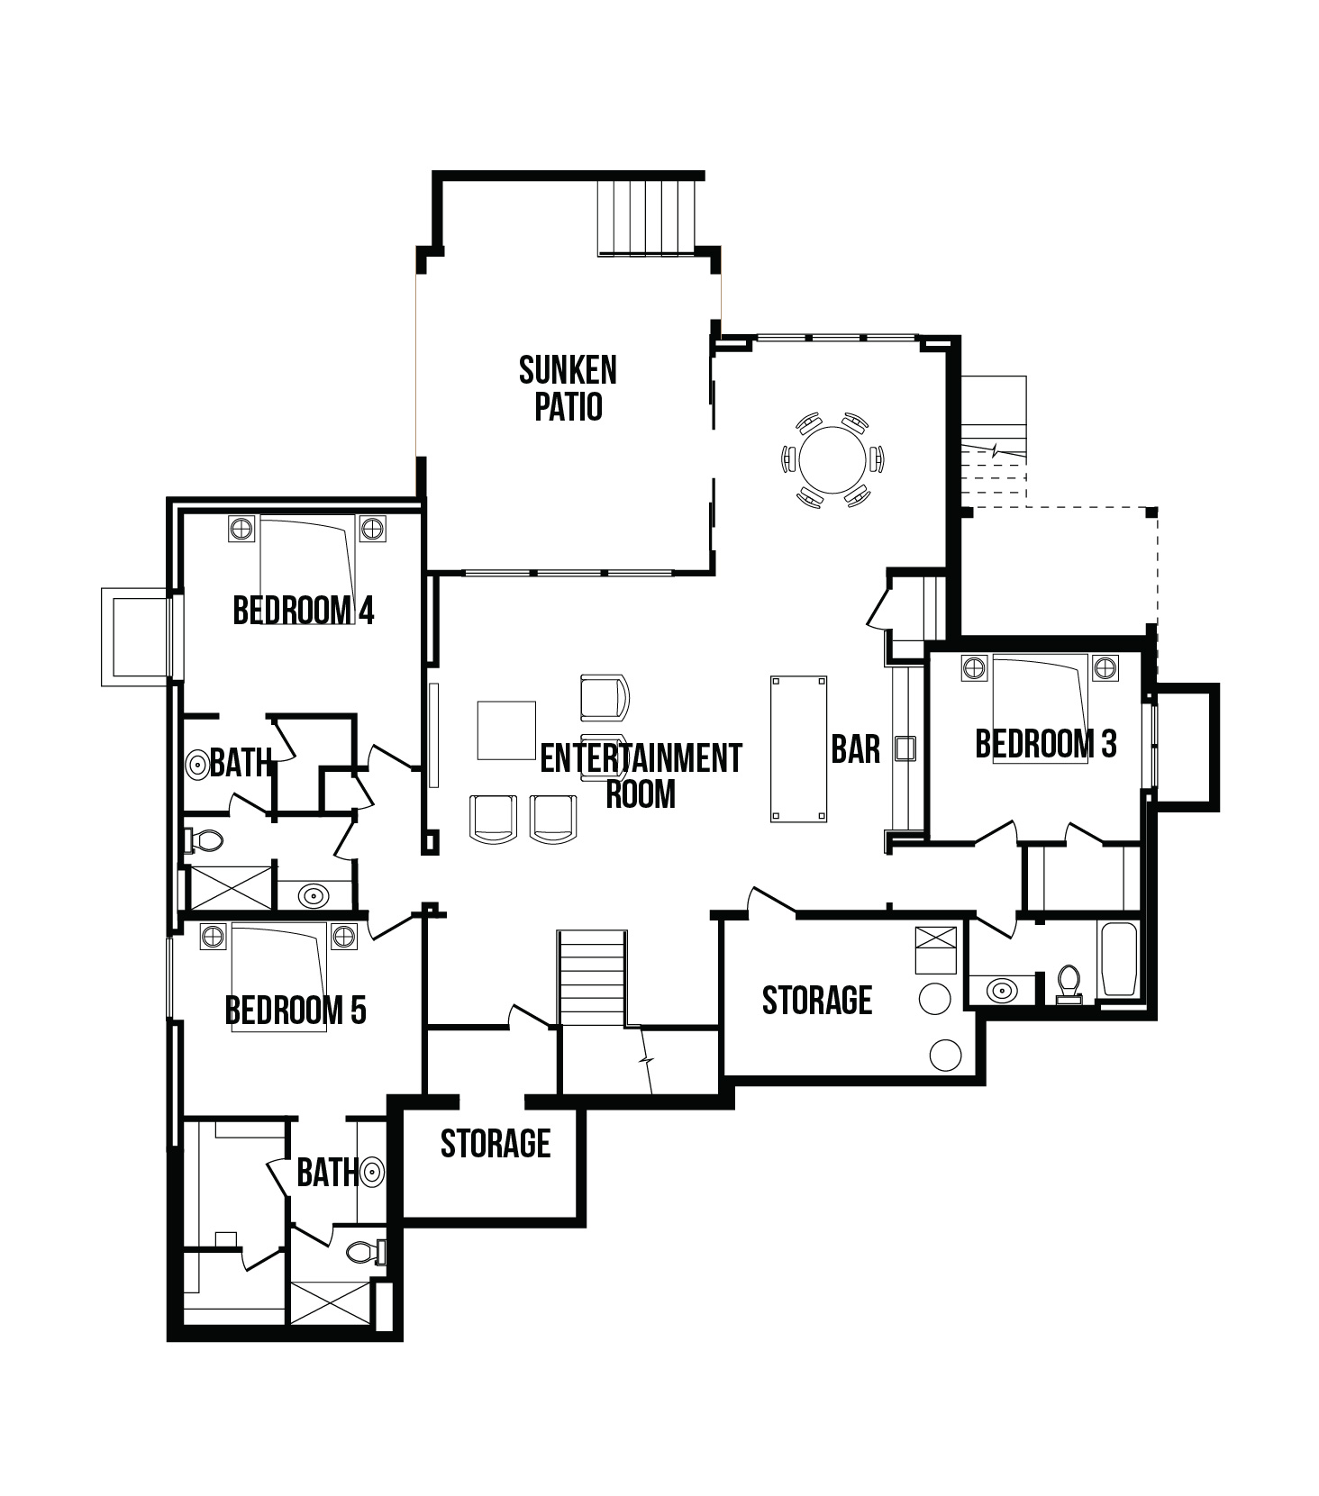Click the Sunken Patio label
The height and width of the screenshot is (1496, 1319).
point(568,388)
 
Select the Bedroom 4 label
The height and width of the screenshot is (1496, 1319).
point(303,611)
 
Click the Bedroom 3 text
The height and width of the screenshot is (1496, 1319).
point(1046,744)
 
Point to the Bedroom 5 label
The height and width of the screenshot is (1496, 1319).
point(296,1011)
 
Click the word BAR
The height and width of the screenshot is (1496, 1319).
point(855,749)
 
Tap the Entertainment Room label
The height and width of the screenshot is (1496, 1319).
point(641,775)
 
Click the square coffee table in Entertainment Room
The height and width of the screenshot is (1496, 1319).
point(505,730)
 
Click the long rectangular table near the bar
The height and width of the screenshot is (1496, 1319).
point(798,749)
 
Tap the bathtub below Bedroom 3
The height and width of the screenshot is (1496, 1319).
point(1119,960)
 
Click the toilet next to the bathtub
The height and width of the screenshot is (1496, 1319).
point(1069,984)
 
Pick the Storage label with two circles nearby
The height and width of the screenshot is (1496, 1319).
point(817,1001)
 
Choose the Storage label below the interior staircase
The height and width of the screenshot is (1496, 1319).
point(496,1144)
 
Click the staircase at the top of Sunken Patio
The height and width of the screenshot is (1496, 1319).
point(646,218)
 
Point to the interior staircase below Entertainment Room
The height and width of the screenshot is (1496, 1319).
point(592,978)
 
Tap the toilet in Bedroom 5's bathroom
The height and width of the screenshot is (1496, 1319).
point(366,1252)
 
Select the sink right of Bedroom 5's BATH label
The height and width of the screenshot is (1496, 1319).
point(371,1173)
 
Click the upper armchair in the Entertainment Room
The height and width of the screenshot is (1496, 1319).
point(605,698)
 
